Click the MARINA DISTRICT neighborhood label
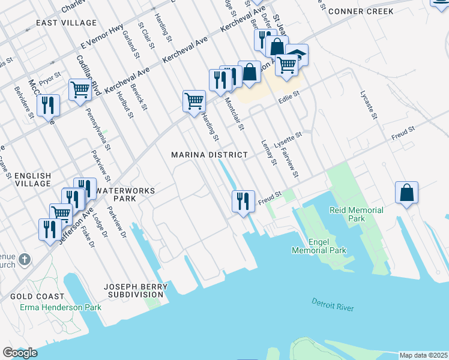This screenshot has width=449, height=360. [209, 155]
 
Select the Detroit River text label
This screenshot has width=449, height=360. [333, 304]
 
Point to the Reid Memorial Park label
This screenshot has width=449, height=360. [356, 215]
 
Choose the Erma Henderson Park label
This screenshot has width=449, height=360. [61, 307]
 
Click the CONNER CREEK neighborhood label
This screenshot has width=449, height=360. [361, 11]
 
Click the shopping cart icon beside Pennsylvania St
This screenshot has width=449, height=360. [80, 90]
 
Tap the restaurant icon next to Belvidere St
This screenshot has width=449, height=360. [48, 106]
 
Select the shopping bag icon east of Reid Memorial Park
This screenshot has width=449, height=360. [406, 193]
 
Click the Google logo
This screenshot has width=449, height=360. [20, 353]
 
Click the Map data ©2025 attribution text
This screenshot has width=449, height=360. [423, 355]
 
